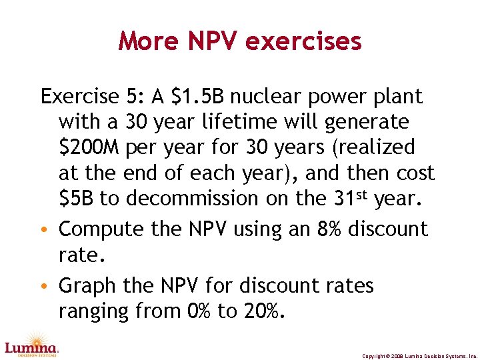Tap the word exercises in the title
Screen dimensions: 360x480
pos(303,41)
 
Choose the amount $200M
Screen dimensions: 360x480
pos(89,147)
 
